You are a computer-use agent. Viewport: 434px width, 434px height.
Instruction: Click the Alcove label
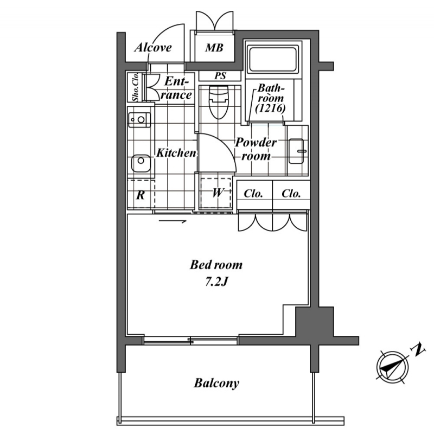pyautogui.click(x=153, y=47)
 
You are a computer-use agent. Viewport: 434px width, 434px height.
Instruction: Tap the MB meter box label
pyautogui.click(x=214, y=48)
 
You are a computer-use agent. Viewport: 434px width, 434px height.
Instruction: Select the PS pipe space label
pyautogui.click(x=220, y=75)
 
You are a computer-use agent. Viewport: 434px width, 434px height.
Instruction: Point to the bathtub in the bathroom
pyautogui.click(x=273, y=60)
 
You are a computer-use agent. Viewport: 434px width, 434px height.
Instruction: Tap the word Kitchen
pyautogui.click(x=176, y=152)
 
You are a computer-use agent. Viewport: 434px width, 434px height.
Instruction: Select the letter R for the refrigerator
pyautogui.click(x=141, y=195)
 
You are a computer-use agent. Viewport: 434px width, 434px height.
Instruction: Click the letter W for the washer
pyautogui.click(x=218, y=193)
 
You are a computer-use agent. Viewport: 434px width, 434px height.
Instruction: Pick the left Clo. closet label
pyautogui.click(x=253, y=194)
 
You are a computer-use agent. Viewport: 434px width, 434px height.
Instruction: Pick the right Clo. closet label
pyautogui.click(x=291, y=194)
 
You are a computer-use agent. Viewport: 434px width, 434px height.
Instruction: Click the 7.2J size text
pyautogui.click(x=216, y=282)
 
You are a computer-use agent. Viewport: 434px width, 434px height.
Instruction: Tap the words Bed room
pyautogui.click(x=216, y=265)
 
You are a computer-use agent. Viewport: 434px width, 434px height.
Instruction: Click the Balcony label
pyautogui.click(x=216, y=384)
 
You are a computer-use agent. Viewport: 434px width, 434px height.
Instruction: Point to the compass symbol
pyautogui.click(x=392, y=367)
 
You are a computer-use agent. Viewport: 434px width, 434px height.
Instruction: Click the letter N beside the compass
pyautogui.click(x=418, y=350)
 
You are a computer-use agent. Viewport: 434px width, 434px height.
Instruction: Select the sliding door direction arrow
pyautogui.click(x=173, y=221)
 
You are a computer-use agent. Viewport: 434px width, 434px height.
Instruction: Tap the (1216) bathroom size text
pyautogui.click(x=270, y=108)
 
